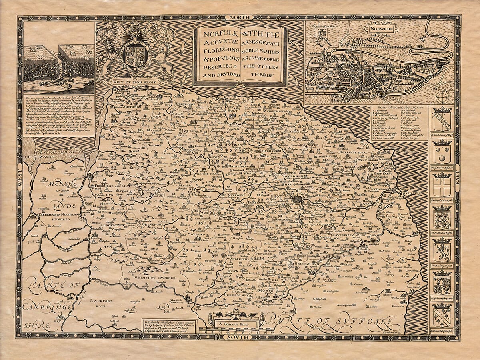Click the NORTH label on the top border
tap(240, 17)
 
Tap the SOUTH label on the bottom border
tap(240, 337)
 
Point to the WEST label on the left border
tap(20, 184)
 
